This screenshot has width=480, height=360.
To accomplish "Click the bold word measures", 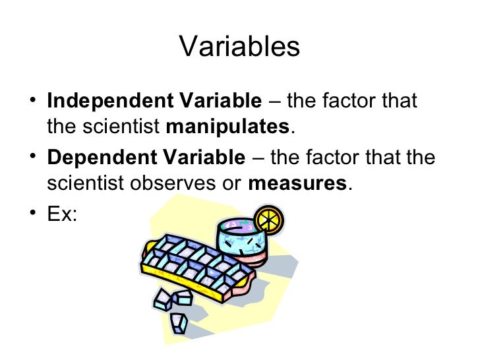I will point(297,183).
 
